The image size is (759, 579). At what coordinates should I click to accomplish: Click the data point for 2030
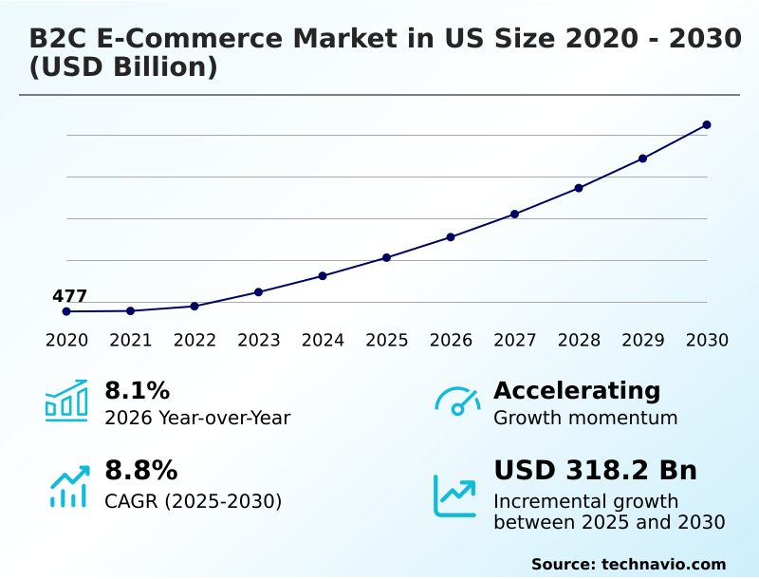tap(707, 125)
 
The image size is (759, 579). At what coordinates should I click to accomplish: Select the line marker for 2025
tap(387, 258)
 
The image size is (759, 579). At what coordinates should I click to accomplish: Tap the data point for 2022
tap(194, 307)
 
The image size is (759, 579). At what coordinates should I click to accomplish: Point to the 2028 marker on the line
tap(579, 188)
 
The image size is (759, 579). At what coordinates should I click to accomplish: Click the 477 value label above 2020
tap(69, 297)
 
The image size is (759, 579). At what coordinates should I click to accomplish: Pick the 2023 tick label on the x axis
tap(259, 341)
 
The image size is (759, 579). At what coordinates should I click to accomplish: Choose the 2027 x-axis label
tap(515, 341)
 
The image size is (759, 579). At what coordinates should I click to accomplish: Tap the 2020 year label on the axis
tap(66, 341)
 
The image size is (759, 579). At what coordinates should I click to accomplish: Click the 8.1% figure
tap(137, 391)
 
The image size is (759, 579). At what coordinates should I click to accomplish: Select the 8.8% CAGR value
tap(140, 471)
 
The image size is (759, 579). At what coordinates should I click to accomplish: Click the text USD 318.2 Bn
tap(595, 471)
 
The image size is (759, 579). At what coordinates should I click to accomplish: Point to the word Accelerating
tap(577, 391)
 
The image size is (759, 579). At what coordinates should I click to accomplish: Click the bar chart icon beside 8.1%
tap(66, 402)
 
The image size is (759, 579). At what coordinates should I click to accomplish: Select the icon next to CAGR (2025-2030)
tap(68, 487)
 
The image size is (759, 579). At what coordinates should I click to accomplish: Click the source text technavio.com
tap(663, 564)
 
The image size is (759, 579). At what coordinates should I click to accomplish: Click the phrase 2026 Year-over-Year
tap(197, 419)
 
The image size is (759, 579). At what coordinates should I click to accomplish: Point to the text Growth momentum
tap(585, 419)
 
